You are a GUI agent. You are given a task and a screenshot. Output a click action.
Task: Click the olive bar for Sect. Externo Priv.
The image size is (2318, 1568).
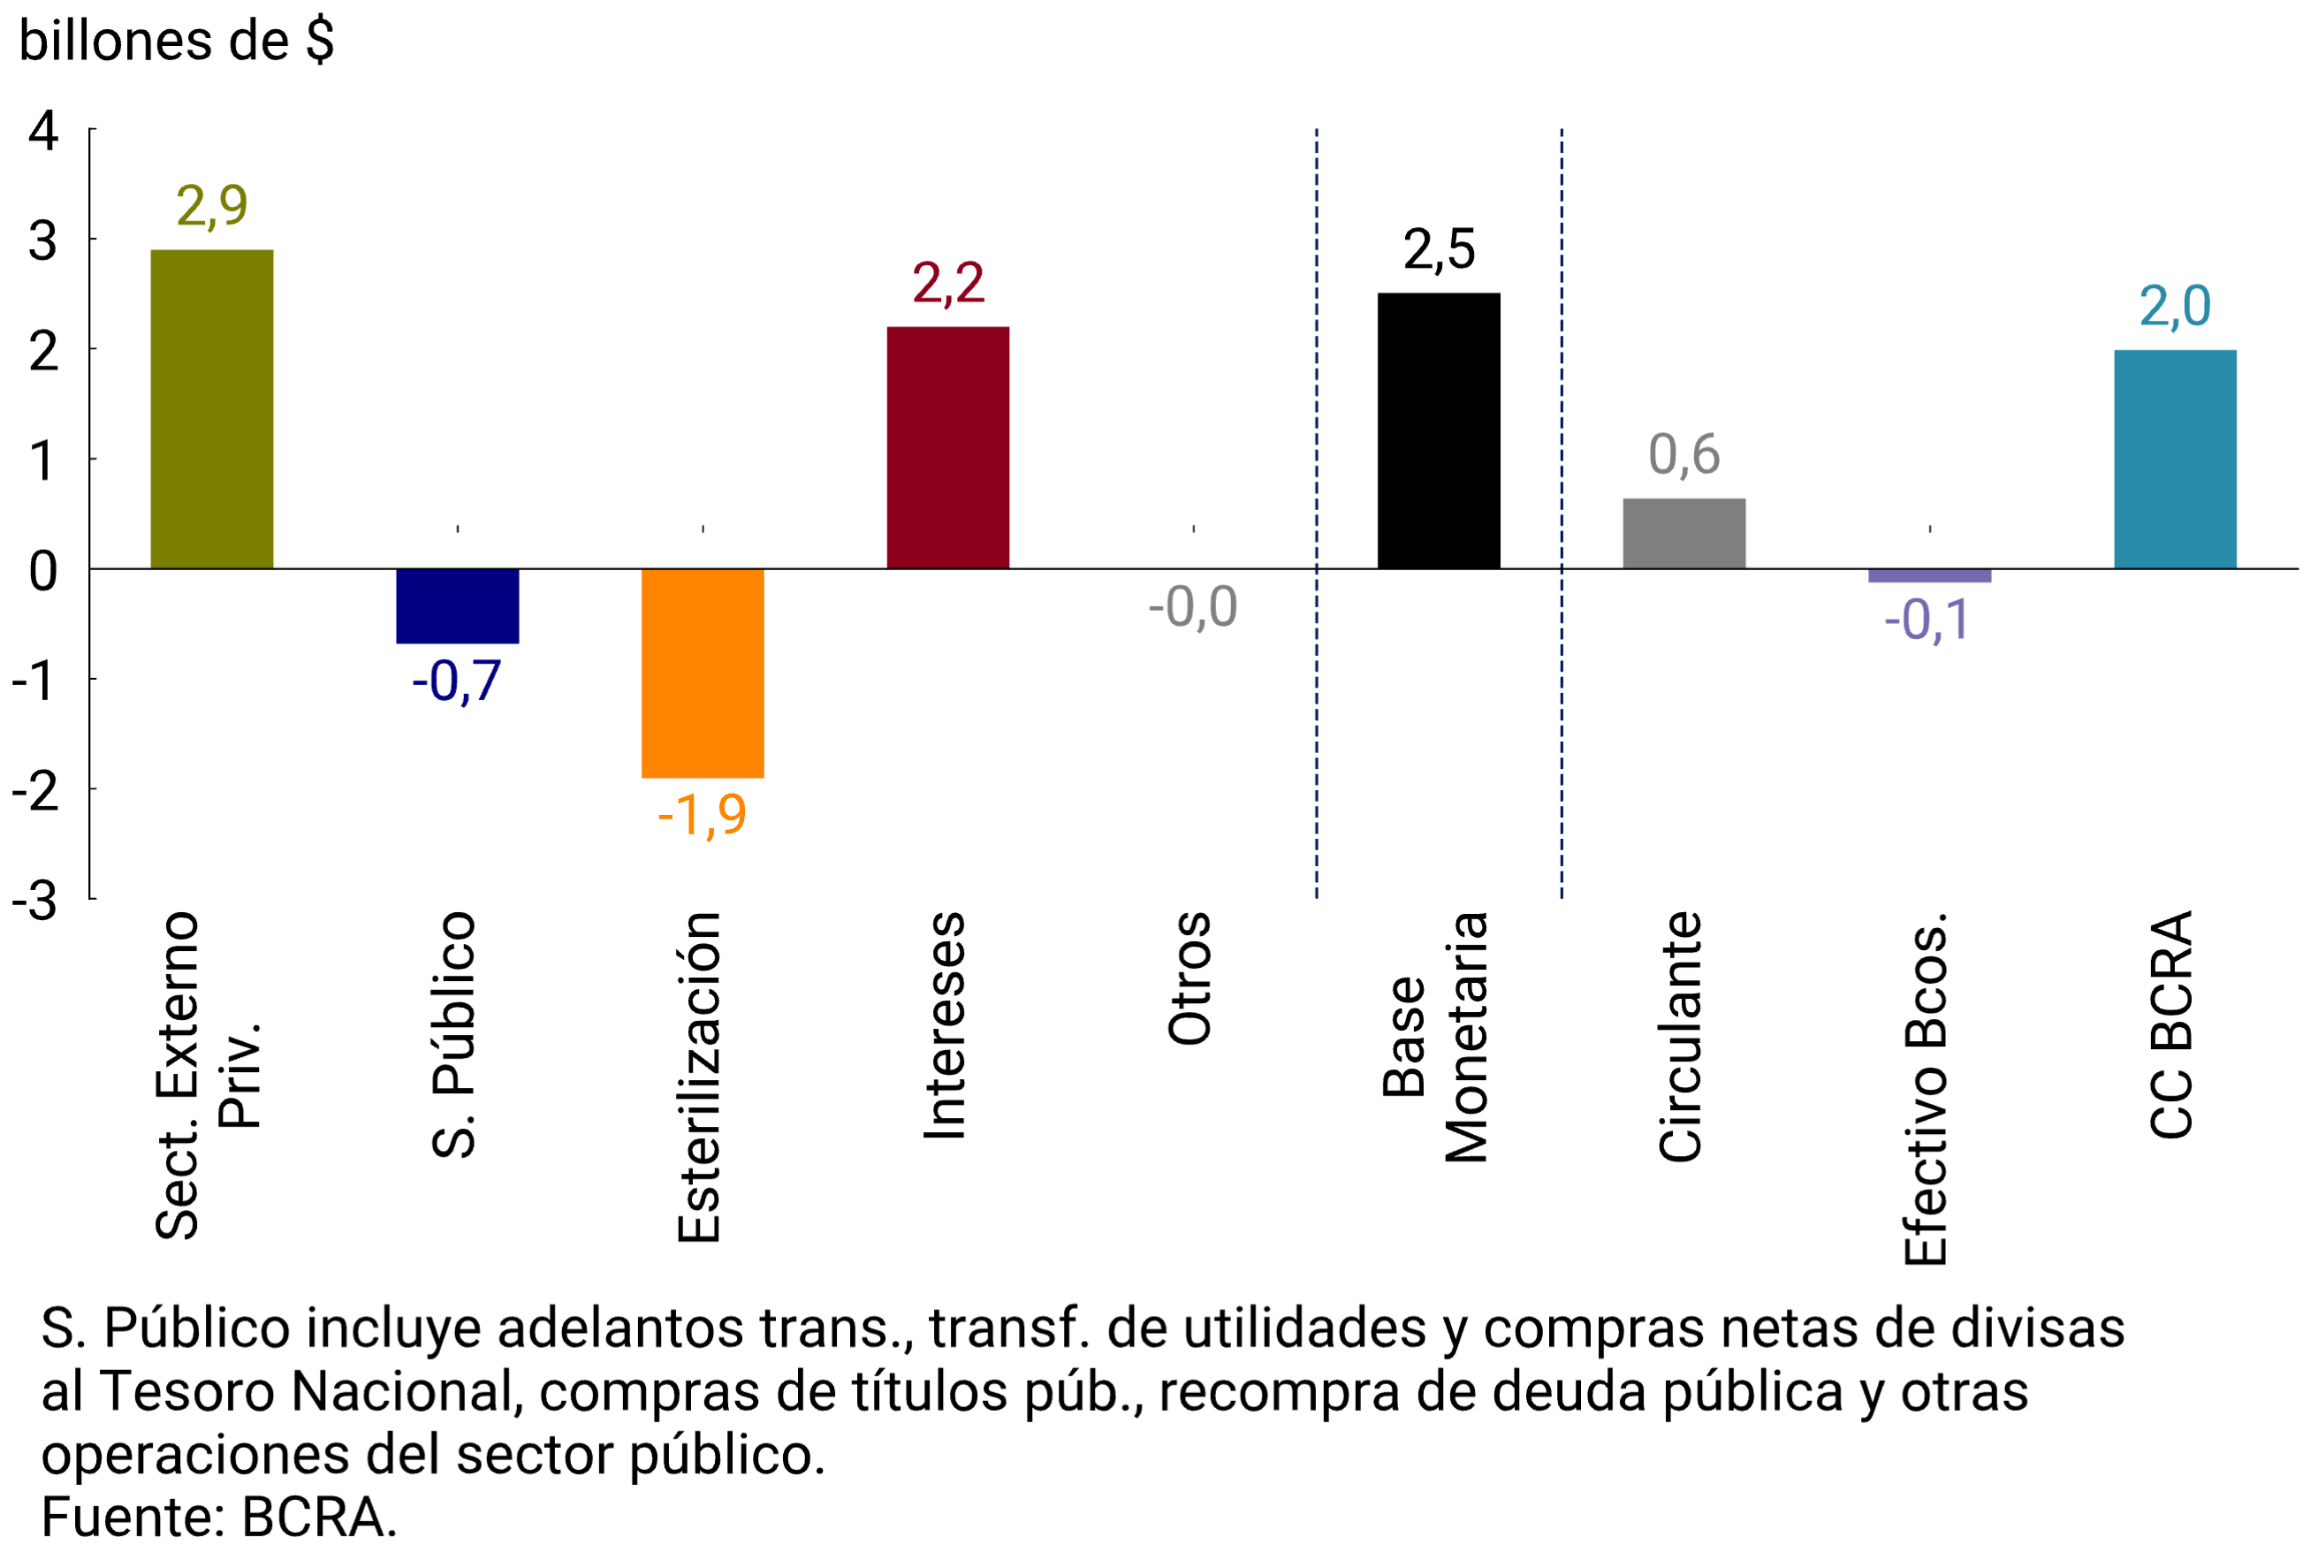(x=211, y=409)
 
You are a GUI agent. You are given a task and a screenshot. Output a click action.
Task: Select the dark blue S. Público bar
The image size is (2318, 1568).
(x=457, y=605)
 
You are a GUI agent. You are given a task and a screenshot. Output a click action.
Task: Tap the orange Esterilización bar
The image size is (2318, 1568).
(x=703, y=673)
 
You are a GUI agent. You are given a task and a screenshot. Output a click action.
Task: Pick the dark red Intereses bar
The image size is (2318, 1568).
(x=947, y=447)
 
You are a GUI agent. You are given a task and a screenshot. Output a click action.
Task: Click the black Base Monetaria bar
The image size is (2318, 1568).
(x=1439, y=431)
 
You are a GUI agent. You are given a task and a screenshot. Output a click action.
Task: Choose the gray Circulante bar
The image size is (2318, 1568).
(x=1683, y=534)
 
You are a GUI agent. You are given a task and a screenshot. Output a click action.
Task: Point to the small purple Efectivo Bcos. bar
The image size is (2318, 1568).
(x=1929, y=575)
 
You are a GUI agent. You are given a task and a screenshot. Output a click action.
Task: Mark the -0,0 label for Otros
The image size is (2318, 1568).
(x=1193, y=606)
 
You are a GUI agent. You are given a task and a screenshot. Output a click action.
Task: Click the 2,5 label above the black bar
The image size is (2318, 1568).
(x=1439, y=249)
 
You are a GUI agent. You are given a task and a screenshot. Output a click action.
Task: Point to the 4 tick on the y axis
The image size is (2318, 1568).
(x=43, y=131)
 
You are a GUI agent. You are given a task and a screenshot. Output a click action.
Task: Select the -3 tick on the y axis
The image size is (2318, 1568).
(x=35, y=901)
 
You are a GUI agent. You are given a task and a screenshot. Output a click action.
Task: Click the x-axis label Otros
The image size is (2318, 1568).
(x=1189, y=978)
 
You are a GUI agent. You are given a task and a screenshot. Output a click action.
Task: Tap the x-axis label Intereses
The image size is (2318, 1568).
(x=945, y=1024)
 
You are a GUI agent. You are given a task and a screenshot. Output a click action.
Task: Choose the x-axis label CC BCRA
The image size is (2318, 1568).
(x=2170, y=1024)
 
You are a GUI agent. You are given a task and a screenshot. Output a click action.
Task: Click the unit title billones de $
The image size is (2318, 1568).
(x=176, y=42)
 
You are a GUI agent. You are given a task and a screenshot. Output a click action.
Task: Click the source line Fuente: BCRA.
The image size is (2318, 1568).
(x=218, y=1517)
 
